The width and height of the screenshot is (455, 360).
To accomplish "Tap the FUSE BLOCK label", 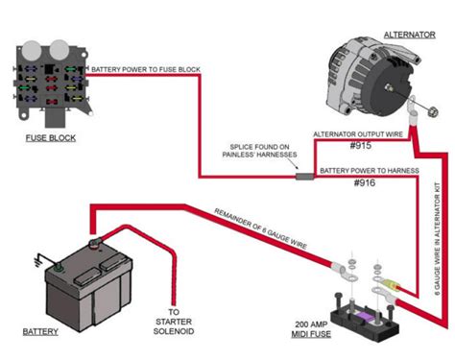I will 49,137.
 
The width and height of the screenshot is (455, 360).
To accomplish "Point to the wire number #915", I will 360,147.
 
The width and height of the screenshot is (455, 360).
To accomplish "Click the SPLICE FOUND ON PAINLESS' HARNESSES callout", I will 263,148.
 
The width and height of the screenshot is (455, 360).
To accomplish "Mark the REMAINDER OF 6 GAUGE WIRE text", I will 252,229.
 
